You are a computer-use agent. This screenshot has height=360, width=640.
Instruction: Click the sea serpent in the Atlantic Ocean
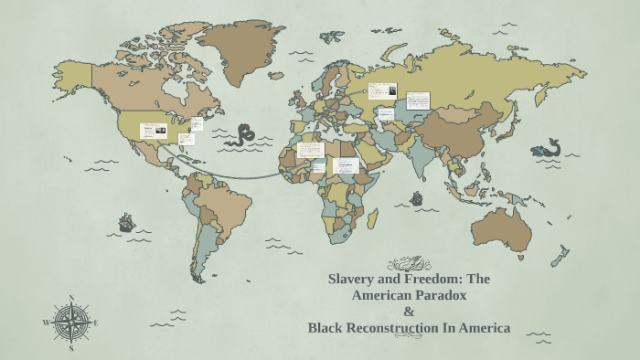tap(242, 135)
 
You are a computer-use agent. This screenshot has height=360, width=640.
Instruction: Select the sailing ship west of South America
tap(126, 221)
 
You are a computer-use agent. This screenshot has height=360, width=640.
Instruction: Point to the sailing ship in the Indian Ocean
tap(417, 197)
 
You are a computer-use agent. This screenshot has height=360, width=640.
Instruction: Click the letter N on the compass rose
tap(71, 298)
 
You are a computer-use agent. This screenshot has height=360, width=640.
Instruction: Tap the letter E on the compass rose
tap(96, 323)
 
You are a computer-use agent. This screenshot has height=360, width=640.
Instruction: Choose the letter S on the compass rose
tap(71, 348)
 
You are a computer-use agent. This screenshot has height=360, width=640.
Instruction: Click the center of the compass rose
tap(71, 323)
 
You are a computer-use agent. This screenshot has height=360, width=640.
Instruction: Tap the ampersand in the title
tap(409, 312)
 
